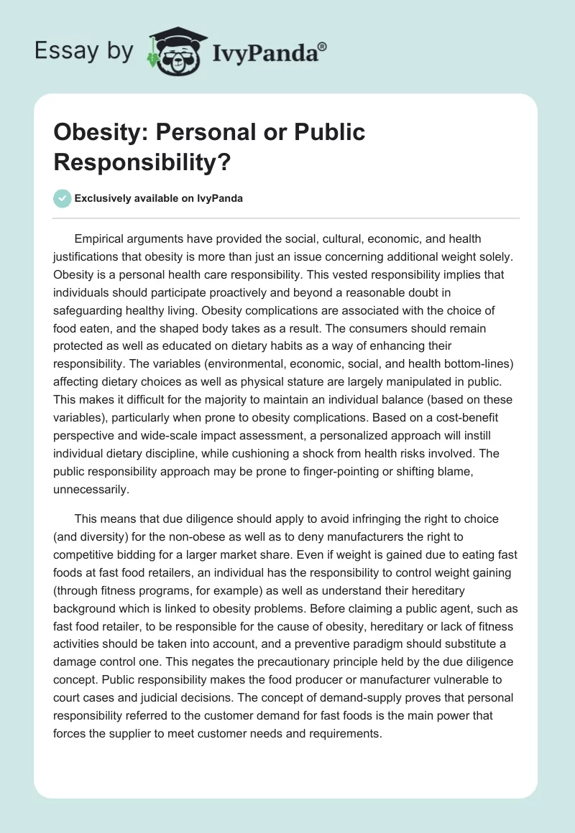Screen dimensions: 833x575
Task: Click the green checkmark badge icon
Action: click(x=62, y=198)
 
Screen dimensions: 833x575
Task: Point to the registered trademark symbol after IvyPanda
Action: click(x=323, y=46)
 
